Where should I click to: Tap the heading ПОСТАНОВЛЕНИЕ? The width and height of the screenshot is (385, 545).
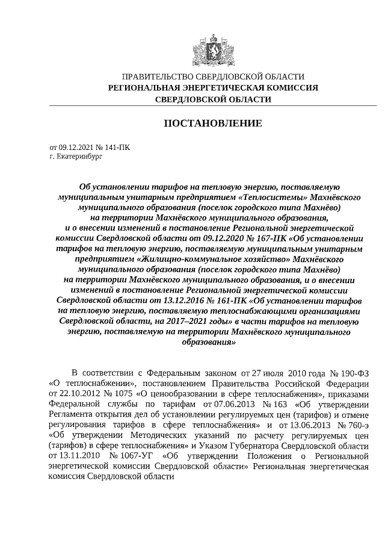coord(213,123)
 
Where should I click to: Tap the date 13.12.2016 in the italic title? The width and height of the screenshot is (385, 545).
coord(147,299)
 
